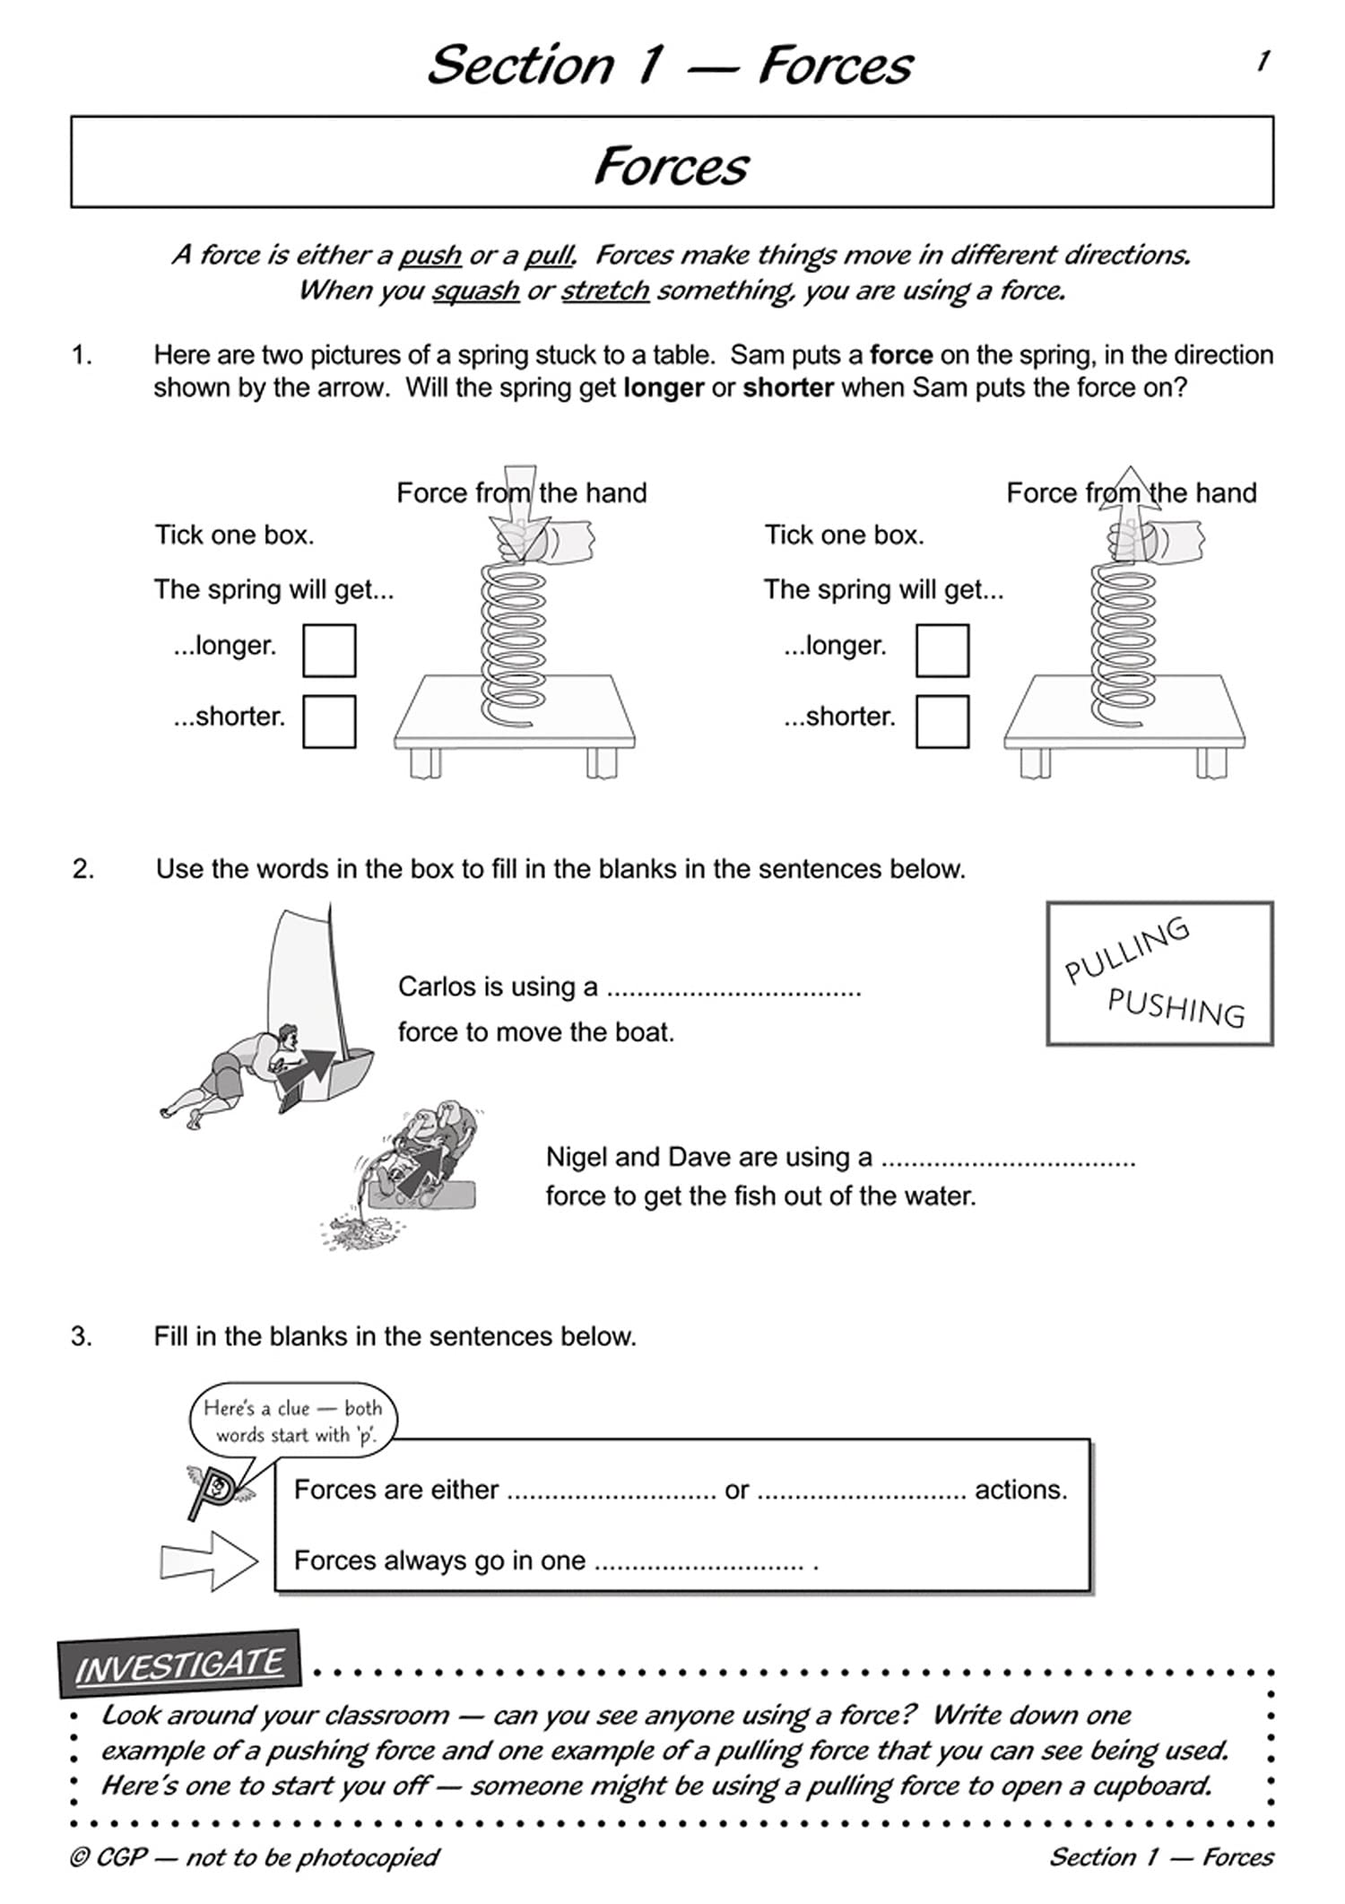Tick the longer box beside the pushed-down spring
point(329,650)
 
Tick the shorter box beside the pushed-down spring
point(329,721)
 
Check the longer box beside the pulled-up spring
point(941,650)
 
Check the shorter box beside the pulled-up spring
point(941,721)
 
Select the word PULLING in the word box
point(1126,950)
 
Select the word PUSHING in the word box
point(1176,1007)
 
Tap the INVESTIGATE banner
point(179,1666)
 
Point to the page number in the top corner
point(1263,62)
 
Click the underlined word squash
point(475,291)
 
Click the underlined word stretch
point(605,291)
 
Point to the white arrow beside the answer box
point(208,1561)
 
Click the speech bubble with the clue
point(292,1421)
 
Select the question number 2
point(82,869)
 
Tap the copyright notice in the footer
point(255,1856)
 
